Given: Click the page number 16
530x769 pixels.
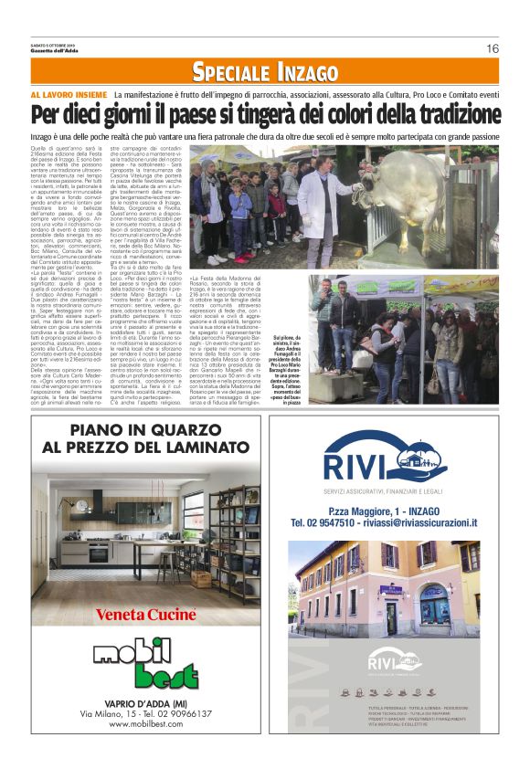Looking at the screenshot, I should coord(492,48).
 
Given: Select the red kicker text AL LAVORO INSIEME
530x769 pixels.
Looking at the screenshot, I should coord(69,94).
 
